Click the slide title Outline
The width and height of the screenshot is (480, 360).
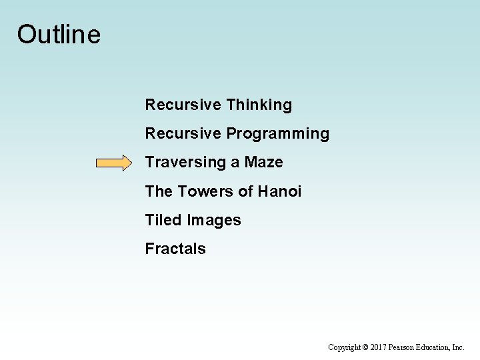pos(59,34)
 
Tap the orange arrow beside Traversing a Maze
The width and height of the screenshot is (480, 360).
pos(115,163)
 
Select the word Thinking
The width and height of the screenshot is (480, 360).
pos(259,105)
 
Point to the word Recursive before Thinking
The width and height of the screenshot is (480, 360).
pos(183,105)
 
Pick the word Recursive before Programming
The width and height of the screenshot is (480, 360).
pos(183,133)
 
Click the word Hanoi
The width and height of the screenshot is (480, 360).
pos(279,191)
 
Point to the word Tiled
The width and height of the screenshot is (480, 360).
pos(164,220)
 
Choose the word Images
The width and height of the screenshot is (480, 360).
pos(214,221)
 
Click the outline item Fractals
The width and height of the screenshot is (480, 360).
pos(175,249)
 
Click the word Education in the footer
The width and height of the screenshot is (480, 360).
pos(436,347)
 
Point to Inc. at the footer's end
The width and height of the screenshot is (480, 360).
pos(459,347)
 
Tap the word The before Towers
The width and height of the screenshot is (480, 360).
pos(159,191)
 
